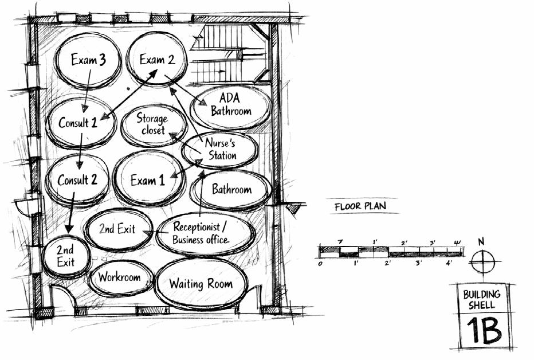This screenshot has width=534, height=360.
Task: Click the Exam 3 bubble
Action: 88,60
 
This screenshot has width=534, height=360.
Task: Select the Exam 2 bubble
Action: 156,60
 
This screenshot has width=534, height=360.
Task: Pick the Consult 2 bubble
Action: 77,180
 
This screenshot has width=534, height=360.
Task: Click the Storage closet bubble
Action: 153,124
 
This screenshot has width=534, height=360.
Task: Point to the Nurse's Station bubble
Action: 220,150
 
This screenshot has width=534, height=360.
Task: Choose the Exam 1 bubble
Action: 148,181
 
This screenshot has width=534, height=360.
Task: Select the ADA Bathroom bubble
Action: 230,105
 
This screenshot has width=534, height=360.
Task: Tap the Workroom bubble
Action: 120,277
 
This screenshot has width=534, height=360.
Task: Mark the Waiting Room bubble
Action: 201,284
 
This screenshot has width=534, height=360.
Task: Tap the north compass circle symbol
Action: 482,263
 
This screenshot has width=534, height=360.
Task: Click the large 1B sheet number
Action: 482,331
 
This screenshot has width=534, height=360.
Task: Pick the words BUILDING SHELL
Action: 482,299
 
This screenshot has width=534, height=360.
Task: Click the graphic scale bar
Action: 391,251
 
